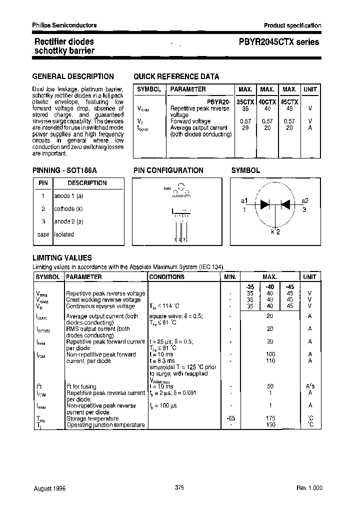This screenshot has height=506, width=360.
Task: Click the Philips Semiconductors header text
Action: [64, 25]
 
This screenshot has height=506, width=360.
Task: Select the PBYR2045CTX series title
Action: [275, 42]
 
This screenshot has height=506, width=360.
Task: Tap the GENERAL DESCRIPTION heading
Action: [73, 76]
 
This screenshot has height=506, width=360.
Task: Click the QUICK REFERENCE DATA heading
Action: [176, 76]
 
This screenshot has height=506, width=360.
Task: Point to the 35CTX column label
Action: [245, 101]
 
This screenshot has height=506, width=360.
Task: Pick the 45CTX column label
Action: [289, 101]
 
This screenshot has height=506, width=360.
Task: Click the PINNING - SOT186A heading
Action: [64, 170]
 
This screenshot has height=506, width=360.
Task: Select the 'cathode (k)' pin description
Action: [68, 208]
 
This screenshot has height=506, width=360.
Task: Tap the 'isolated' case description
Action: [63, 234]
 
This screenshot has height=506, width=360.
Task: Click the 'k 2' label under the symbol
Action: [275, 231]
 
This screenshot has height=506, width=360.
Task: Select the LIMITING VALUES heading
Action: [62, 258]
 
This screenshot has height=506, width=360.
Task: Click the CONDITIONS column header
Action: [167, 276]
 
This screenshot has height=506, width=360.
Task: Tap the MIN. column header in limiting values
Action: [230, 276]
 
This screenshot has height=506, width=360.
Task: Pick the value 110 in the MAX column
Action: [269, 360]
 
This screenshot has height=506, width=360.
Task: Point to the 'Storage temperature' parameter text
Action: [92, 418]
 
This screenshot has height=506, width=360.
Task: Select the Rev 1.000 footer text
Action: [309, 487]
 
